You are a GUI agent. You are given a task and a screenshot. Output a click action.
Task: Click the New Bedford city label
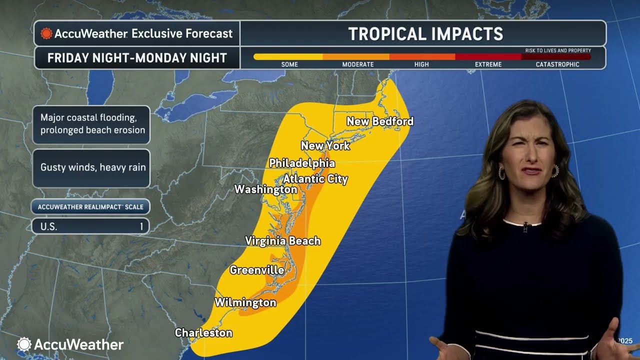[x=380, y=121]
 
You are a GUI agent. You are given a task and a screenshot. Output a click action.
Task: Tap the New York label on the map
[x=325, y=146]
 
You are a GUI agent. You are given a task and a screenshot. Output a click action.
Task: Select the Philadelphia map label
[x=302, y=163]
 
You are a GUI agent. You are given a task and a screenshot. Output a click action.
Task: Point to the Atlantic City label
[x=315, y=179]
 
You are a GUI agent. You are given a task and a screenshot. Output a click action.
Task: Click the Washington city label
[x=265, y=189]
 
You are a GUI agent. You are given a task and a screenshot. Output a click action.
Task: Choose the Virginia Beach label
[x=282, y=241]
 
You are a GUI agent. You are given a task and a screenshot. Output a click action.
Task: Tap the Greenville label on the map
[x=257, y=270]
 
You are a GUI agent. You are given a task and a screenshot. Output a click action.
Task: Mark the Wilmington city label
[x=245, y=302]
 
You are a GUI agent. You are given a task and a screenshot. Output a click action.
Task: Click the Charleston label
[x=203, y=333]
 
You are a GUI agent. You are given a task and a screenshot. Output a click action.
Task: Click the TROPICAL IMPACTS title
[x=425, y=33]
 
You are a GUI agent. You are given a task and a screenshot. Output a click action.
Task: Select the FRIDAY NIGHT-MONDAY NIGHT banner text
[x=137, y=58]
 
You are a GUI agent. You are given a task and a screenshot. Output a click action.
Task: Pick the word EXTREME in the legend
[x=487, y=64]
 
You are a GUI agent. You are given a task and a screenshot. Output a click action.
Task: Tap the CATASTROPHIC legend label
[x=557, y=64]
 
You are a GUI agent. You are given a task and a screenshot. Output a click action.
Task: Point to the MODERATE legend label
[x=357, y=64]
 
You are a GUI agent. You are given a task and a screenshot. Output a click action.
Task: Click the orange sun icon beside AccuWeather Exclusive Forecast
[x=46, y=33]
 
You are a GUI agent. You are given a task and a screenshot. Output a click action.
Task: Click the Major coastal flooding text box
[x=92, y=124]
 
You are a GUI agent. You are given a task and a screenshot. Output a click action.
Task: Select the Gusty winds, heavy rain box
[x=92, y=167]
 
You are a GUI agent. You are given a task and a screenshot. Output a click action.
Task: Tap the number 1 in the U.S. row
[x=141, y=226]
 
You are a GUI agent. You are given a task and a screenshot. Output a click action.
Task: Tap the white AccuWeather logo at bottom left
[x=70, y=344]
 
